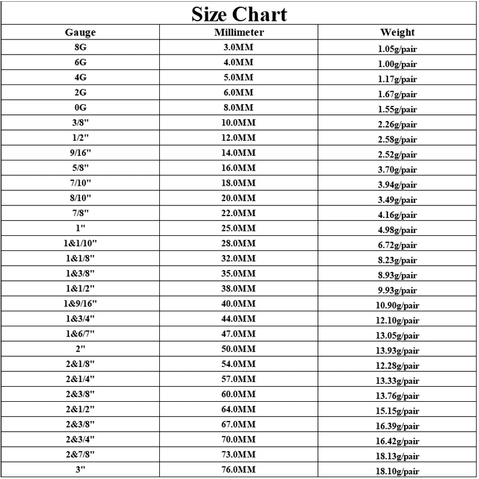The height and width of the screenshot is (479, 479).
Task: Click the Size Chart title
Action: [239, 14]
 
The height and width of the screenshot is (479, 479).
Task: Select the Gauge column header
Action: [80, 32]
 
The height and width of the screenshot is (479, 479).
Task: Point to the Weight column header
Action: [397, 32]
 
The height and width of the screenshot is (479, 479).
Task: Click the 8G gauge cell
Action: [80, 47]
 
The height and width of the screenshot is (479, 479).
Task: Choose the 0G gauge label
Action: [80, 108]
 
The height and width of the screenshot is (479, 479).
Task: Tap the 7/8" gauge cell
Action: [80, 213]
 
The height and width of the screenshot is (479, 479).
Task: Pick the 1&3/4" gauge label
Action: [80, 319]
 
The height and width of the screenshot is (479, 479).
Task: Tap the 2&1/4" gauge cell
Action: [80, 379]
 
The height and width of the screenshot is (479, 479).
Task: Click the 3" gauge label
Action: [80, 469]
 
